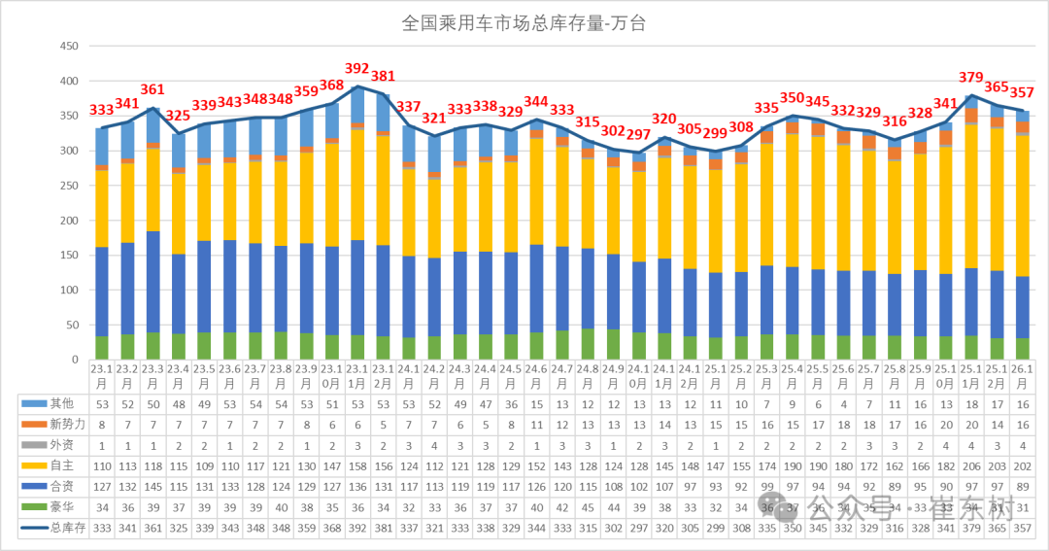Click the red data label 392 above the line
point(357,69)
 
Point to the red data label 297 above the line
point(638,134)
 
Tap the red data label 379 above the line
point(970,78)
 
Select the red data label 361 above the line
point(153,90)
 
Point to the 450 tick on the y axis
point(68,46)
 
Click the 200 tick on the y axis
point(68,221)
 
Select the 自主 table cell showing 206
point(970,465)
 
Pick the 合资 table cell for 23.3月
point(153,487)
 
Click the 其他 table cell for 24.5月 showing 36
point(511,402)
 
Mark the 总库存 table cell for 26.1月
point(1022,529)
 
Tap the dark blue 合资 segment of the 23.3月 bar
point(153,282)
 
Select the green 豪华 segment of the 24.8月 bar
point(588,344)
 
